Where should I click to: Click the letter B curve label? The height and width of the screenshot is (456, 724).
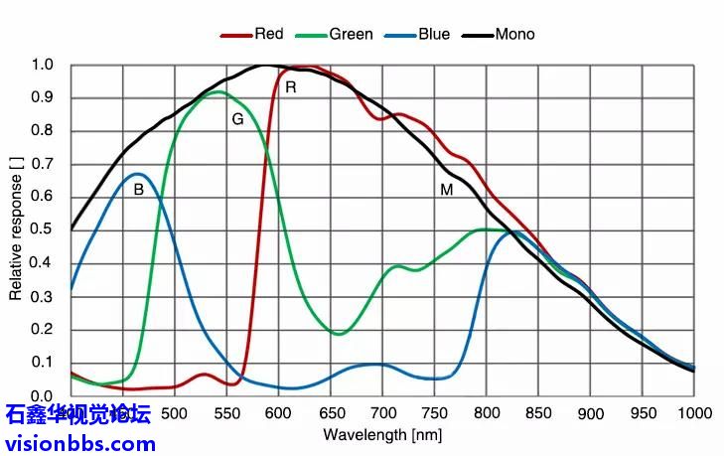point(138,189)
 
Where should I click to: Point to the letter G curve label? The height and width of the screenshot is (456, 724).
point(237,119)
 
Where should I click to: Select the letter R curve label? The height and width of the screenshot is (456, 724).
point(291,87)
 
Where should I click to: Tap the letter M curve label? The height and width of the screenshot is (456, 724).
point(447,189)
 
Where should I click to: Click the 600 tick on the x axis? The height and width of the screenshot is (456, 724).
point(279,413)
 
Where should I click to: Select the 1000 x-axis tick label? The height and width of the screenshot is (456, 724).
point(694,413)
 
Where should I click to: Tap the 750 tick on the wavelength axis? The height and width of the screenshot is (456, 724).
point(434,413)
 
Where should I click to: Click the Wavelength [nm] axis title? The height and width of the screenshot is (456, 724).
point(382,435)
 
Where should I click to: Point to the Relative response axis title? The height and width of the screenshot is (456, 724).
point(16,228)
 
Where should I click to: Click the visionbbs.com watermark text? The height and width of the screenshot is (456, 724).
point(78,442)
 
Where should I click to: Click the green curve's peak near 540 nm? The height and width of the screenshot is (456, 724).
point(216,91)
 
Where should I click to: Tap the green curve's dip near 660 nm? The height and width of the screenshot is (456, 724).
point(339,334)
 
